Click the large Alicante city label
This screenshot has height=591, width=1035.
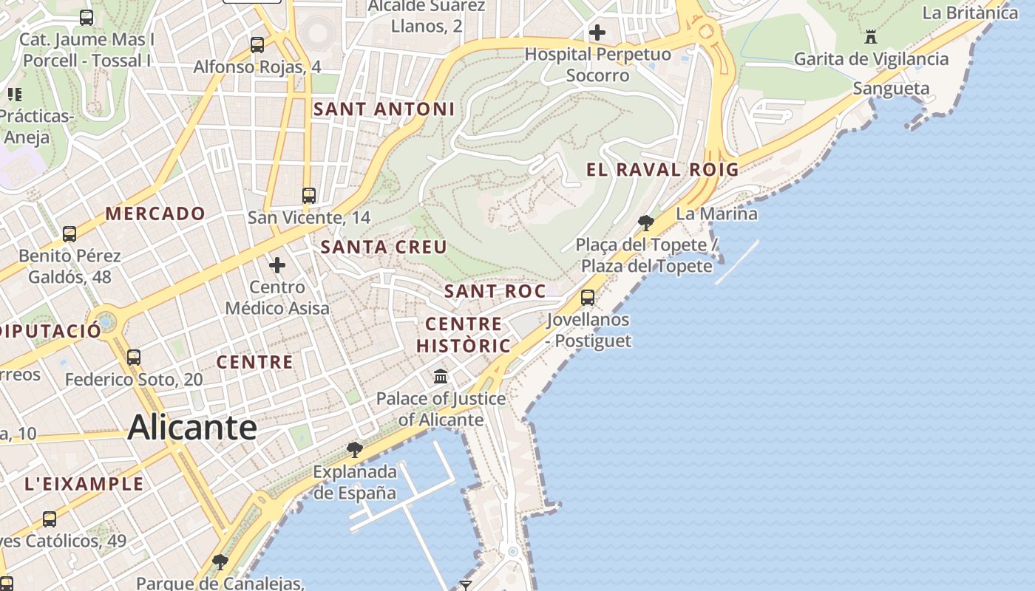[x=192, y=428]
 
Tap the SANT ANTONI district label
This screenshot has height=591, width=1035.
[x=384, y=109]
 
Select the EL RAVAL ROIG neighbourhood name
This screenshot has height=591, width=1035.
[x=662, y=169]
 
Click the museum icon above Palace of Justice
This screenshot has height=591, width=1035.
[x=441, y=377]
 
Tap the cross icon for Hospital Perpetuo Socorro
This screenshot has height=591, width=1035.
[x=597, y=33]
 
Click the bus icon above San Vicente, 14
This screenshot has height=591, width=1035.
[x=309, y=196]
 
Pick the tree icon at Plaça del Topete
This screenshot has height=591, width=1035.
[x=645, y=222]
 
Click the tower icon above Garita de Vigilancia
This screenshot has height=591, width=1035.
[x=871, y=36]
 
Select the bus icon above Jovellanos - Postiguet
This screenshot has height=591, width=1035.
[x=588, y=298]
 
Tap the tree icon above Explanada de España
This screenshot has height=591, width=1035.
[x=355, y=449]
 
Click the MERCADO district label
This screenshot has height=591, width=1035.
[x=155, y=214]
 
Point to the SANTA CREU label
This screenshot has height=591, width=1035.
[x=384, y=247]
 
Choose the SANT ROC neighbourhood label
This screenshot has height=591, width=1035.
[x=495, y=291]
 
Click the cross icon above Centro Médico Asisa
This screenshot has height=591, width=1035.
[x=277, y=264]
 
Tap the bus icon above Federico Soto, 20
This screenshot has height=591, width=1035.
[x=134, y=357]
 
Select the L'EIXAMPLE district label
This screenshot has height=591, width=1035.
[x=84, y=485]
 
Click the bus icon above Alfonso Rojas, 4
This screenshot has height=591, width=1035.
[x=257, y=44]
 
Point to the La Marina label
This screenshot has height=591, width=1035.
[x=716, y=214]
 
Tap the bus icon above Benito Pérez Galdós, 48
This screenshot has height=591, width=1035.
[x=69, y=234]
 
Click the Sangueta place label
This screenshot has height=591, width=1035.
[x=891, y=89]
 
